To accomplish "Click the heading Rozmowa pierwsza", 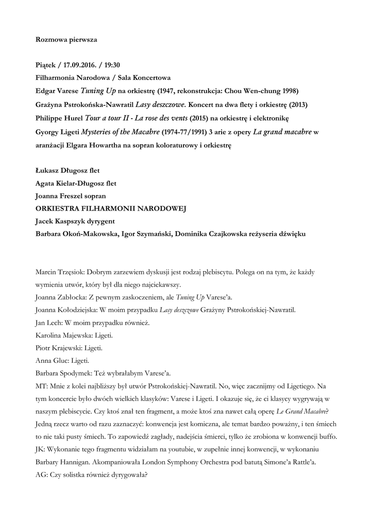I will click(x=66, y=39).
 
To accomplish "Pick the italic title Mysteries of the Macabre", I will click(x=118, y=132).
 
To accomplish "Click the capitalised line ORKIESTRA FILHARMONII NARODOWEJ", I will click(x=110, y=209).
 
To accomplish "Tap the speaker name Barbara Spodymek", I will click(x=65, y=372).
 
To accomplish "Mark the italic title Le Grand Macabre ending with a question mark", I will click(x=302, y=411).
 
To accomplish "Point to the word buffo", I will click(x=326, y=436).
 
